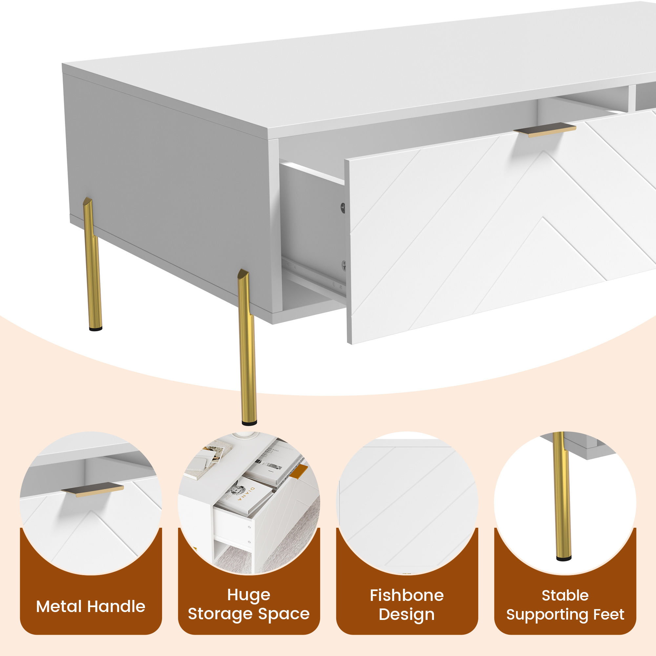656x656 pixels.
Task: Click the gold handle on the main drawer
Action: click(x=544, y=130)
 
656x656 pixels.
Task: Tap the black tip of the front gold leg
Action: click(x=249, y=423)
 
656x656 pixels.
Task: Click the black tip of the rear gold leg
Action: click(x=95, y=328)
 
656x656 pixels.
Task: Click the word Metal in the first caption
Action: click(x=60, y=607)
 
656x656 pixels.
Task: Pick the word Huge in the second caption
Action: click(x=249, y=595)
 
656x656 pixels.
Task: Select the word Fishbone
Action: click(x=406, y=596)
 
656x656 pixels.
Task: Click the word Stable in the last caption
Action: click(x=565, y=596)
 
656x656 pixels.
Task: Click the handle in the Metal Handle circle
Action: click(x=93, y=489)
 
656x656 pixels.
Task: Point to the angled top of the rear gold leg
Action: click(x=88, y=202)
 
